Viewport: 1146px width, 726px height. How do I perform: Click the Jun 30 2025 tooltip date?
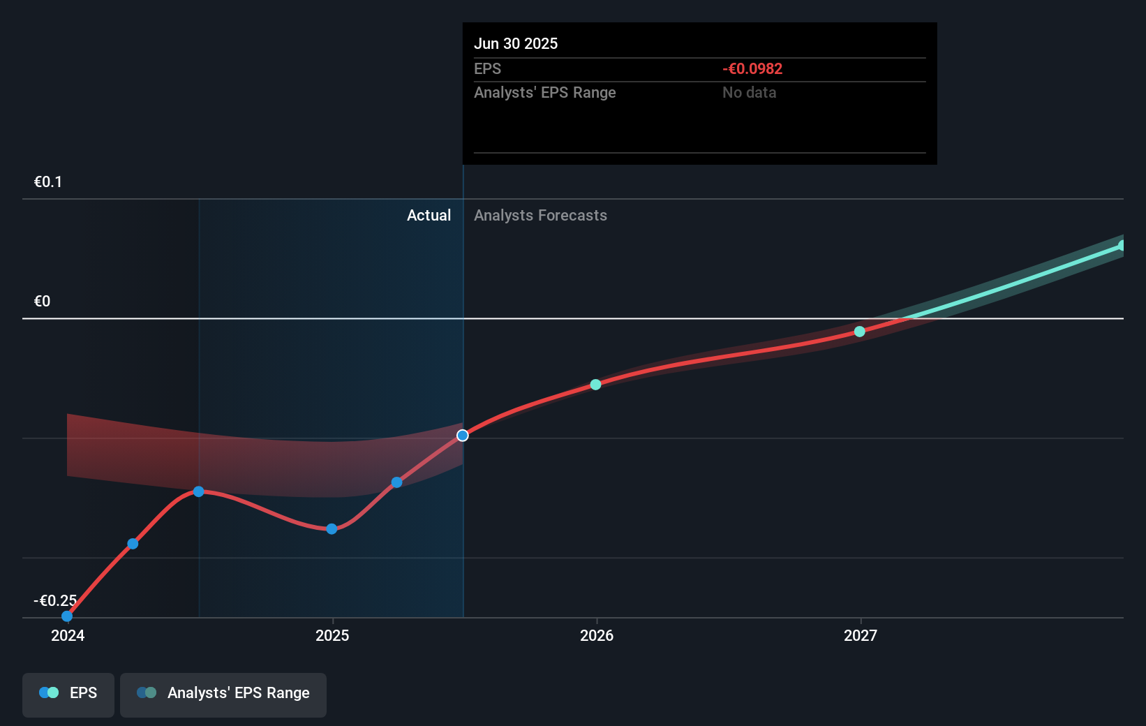click(516, 43)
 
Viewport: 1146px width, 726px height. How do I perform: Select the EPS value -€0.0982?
click(752, 68)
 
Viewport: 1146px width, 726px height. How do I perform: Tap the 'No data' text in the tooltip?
click(749, 92)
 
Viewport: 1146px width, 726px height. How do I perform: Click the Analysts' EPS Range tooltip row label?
click(544, 92)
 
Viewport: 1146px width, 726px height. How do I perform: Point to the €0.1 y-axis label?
click(48, 182)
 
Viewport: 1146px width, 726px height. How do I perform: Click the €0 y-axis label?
click(42, 302)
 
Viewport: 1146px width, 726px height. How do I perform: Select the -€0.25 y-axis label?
click(55, 600)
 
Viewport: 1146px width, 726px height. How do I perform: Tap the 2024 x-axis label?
click(68, 635)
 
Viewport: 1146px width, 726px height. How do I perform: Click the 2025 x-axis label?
click(332, 635)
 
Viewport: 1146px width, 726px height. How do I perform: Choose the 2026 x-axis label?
click(597, 635)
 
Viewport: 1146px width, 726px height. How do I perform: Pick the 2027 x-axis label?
click(861, 635)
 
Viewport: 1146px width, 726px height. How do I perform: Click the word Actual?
click(429, 215)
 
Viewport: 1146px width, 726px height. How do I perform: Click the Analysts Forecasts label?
click(540, 215)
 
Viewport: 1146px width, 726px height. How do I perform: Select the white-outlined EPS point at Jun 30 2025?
click(463, 436)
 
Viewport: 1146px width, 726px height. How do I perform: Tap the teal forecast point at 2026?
click(595, 385)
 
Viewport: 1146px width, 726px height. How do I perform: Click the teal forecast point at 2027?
click(860, 332)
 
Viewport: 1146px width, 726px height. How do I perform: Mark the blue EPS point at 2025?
click(332, 529)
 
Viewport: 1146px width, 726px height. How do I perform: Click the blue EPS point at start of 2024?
click(67, 616)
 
